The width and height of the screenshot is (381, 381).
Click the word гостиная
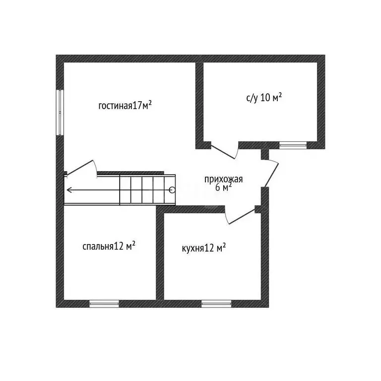coord(116,106)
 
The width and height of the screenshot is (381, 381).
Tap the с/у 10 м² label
coord(264,98)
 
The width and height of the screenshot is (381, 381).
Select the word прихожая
coord(224,180)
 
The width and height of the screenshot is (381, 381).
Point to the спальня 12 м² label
coord(109,247)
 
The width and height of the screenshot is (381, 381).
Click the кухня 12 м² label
coord(204,248)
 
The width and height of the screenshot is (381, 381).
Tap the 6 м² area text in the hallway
coord(223,188)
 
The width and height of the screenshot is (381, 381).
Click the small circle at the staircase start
coord(172,190)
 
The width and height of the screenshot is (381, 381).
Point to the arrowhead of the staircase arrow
coord(69,190)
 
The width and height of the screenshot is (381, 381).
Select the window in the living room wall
coord(60,112)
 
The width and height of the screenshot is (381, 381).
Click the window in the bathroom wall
coord(293,145)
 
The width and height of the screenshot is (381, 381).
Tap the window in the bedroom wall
coord(104,304)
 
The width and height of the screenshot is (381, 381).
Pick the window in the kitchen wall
coord(216,304)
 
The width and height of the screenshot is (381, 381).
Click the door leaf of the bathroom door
coord(223,152)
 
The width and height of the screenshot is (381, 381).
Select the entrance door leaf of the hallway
coord(272,175)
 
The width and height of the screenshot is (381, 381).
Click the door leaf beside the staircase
coord(80,167)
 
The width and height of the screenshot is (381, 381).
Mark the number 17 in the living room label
coord(137,106)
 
